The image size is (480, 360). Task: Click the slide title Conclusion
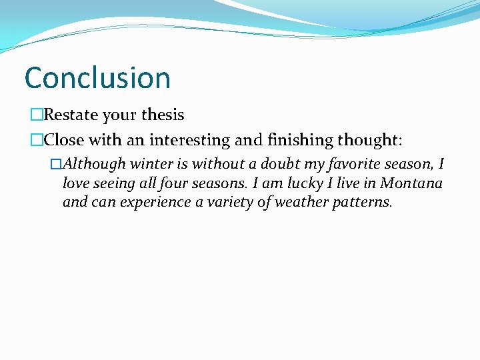(97, 77)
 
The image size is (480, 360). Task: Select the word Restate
(71, 115)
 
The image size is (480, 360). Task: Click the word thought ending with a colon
(369, 140)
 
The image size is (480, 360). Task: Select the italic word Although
(94, 164)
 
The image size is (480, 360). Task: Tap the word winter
(150, 164)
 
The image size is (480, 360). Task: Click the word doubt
(280, 164)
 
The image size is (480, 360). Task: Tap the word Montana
(411, 183)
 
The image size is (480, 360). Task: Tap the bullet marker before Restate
(36, 115)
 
